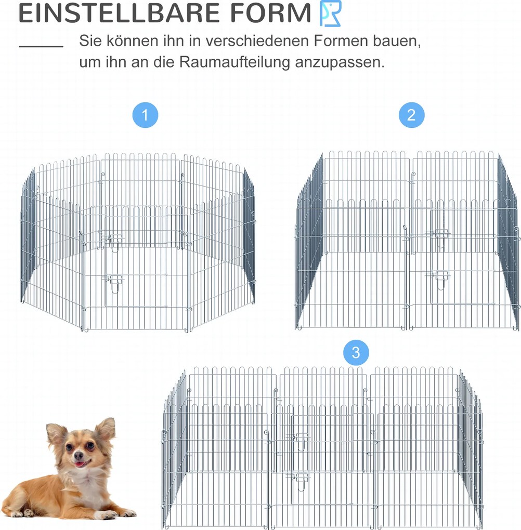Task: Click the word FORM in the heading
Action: pos(271,13)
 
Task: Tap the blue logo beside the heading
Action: pos(331,13)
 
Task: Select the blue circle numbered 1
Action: pos(145,115)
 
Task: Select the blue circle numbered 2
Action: pos(411,115)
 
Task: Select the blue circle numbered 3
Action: pos(356,352)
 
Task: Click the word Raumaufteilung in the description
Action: pos(235,62)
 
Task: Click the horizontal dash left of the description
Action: pos(41,46)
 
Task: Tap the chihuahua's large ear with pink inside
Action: pos(104,429)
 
